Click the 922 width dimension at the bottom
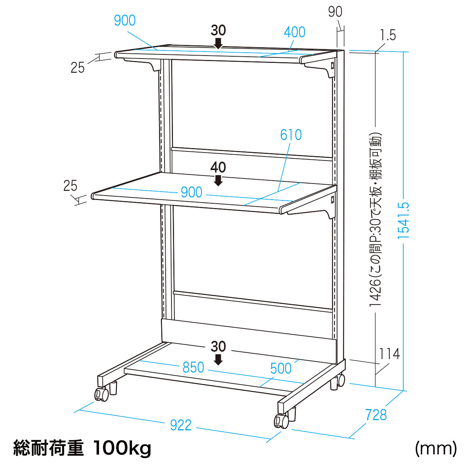coord(181,425)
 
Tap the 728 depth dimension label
coord(376,415)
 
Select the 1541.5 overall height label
coord(403,220)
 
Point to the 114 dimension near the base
coord(389,354)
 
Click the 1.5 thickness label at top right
coord(388,35)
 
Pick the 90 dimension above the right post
coord(335,12)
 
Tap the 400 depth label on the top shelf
coord(295,32)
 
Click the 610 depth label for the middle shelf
coord(291,135)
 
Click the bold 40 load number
coord(218,167)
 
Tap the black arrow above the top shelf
coord(219,43)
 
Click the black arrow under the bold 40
coord(219,181)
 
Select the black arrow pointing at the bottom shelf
coord(219,359)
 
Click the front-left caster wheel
coord(102,394)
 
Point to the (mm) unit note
coord(436,449)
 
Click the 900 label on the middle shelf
coord(192,192)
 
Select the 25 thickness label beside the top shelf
coord(78,68)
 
